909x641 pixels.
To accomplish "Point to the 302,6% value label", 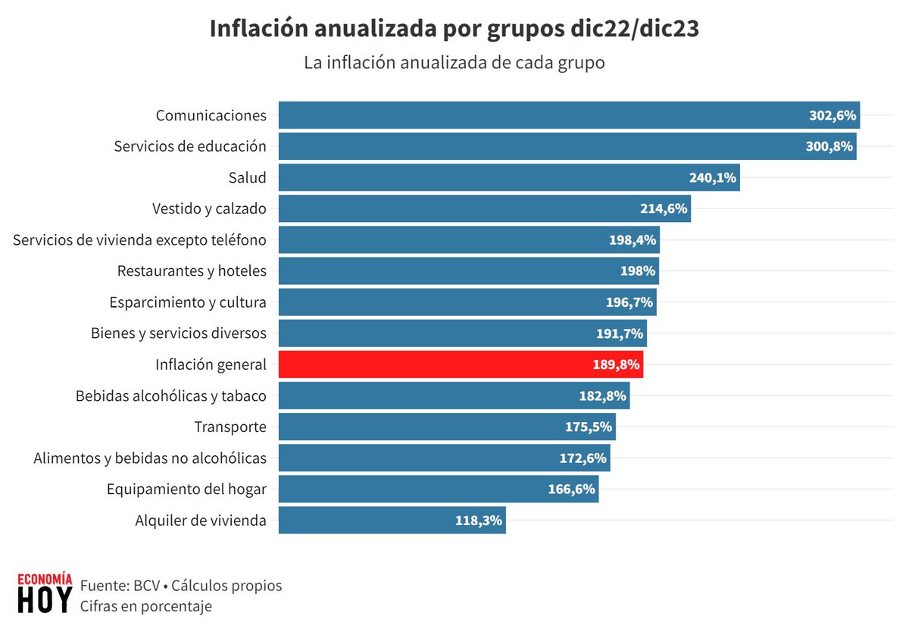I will [x=832, y=116].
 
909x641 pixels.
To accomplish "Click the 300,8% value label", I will [x=829, y=146].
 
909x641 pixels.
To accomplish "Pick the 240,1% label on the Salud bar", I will [x=714, y=178].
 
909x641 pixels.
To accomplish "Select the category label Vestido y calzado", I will [x=209, y=208].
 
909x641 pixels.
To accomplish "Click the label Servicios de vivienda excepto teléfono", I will [x=140, y=240].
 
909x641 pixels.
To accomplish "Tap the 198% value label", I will [x=638, y=271].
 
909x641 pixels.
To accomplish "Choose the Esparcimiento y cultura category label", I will [x=188, y=302].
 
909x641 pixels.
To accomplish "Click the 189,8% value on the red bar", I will [x=617, y=364].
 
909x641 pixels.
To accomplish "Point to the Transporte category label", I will [x=230, y=427].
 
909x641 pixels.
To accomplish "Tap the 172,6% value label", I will [x=584, y=458].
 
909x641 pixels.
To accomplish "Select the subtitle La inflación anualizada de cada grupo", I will [x=454, y=63].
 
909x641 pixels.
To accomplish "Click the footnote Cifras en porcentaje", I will [x=145, y=606].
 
